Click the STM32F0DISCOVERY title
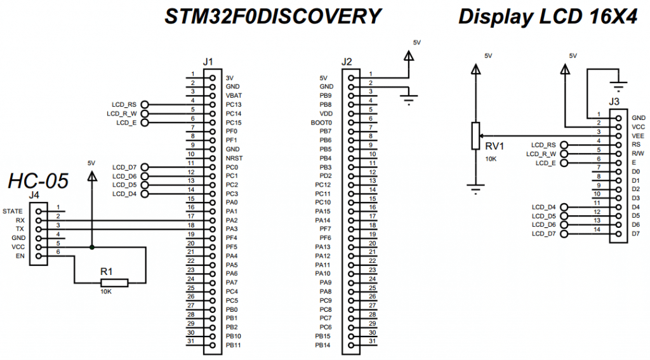[x=273, y=17]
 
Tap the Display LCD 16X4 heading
[x=547, y=17]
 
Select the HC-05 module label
[x=37, y=182]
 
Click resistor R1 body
[x=114, y=283]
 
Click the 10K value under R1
[x=106, y=292]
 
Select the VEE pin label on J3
[x=638, y=136]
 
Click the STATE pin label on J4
[x=13, y=211]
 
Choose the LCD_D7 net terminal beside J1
[x=145, y=167]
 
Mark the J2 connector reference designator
[x=347, y=62]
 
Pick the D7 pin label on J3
[x=635, y=234]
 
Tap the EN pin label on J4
[x=20, y=256]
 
